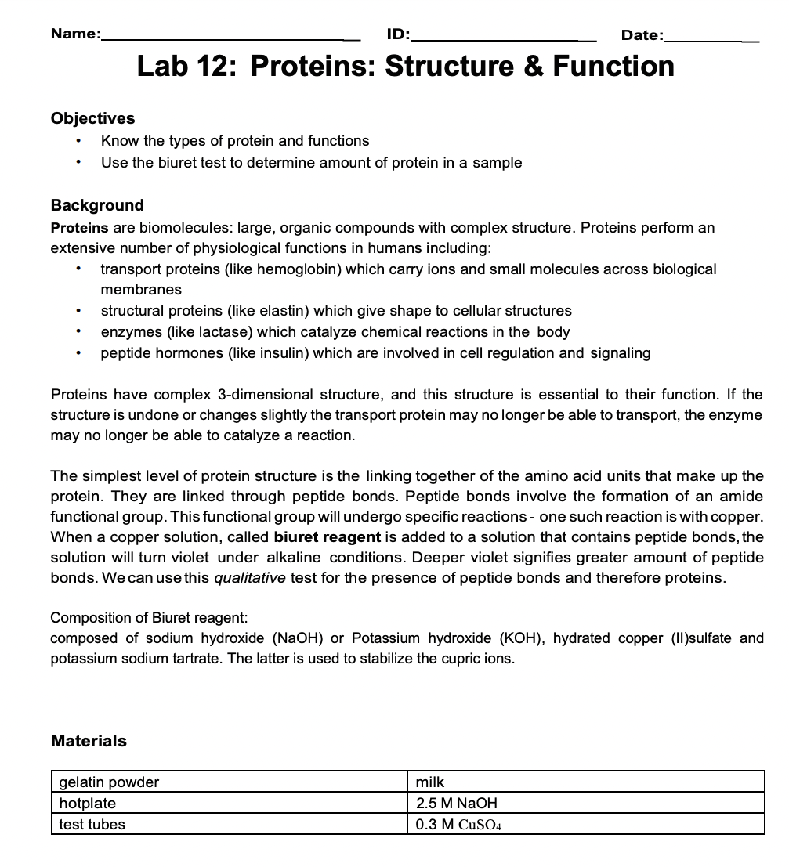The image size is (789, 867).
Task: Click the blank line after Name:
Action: pos(231,37)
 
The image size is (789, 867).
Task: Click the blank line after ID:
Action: pos(505,37)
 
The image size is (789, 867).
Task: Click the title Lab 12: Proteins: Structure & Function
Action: pos(405,66)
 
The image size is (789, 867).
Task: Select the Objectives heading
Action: pos(92,118)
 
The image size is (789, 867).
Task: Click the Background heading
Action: pos(97,205)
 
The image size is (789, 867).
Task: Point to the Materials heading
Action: pos(89,741)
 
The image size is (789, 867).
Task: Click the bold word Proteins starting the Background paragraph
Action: pos(79,227)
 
